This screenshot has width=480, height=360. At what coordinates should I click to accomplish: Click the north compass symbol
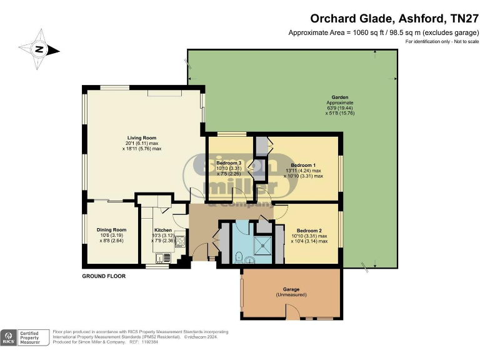(x=39, y=49)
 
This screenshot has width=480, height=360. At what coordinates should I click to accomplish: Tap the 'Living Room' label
(x=142, y=137)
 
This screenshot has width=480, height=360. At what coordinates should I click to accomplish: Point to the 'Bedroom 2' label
(x=309, y=231)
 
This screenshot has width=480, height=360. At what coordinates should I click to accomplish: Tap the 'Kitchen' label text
(x=162, y=229)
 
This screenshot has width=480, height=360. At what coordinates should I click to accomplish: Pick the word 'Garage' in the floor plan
(x=291, y=289)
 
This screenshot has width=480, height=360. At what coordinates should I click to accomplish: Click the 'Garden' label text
(x=340, y=98)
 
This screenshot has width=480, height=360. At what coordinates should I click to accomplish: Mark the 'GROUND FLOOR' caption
(x=104, y=276)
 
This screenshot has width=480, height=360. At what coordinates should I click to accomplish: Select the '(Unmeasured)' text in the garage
(x=291, y=294)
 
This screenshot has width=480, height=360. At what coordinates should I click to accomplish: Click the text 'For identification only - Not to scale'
(x=442, y=41)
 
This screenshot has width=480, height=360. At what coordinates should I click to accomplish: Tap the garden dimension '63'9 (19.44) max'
(x=340, y=108)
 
